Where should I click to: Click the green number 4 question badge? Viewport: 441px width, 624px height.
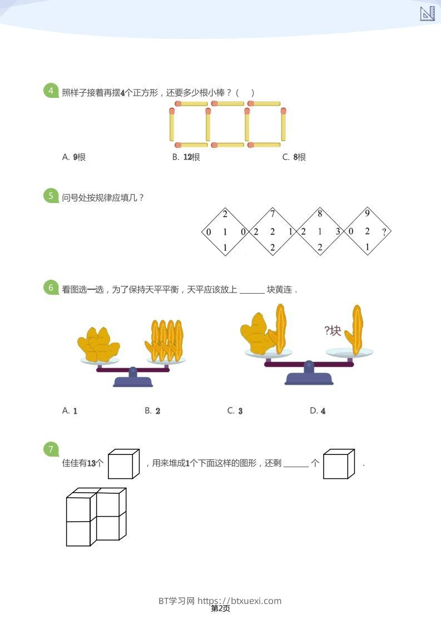point(51,91)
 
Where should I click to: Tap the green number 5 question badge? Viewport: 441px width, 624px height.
point(51,196)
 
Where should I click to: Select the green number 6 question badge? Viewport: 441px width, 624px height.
point(51,288)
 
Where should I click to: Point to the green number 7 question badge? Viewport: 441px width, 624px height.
point(51,449)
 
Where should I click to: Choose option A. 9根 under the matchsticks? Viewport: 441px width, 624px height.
point(74,157)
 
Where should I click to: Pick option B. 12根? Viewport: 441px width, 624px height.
point(186,157)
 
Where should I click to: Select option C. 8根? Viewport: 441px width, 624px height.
point(294,157)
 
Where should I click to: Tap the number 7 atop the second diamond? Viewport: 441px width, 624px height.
point(272,214)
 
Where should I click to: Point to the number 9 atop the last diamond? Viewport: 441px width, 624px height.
point(367,212)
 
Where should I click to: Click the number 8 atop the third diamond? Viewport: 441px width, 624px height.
point(320,214)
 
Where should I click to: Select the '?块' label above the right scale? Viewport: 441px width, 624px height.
point(333,331)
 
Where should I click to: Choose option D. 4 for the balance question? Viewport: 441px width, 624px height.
point(318,411)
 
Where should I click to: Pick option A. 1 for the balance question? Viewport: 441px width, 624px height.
point(70,411)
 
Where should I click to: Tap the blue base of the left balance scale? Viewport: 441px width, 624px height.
point(133,381)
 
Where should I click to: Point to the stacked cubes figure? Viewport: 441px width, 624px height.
point(96,517)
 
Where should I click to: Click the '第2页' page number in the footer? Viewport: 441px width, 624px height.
point(220,609)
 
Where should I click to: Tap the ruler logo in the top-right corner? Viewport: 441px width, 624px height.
point(427,13)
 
